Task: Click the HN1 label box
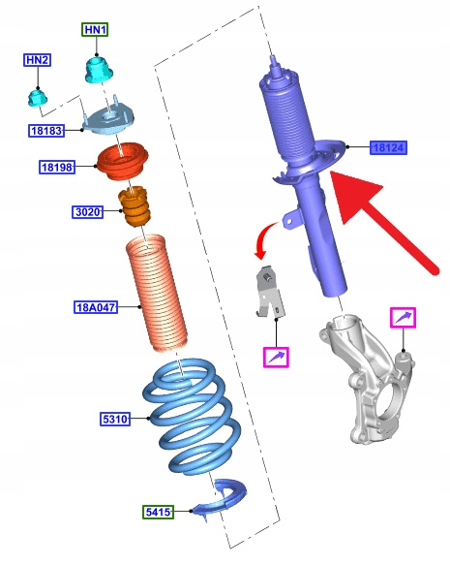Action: click(x=95, y=29)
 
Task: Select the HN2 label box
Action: click(x=37, y=60)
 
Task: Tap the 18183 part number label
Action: click(x=46, y=131)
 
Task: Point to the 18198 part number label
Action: click(x=57, y=167)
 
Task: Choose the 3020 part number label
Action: click(x=87, y=211)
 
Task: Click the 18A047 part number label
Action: click(x=96, y=307)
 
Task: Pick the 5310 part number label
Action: click(x=115, y=419)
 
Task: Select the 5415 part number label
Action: click(x=159, y=512)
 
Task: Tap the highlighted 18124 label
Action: click(x=388, y=147)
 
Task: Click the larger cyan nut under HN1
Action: click(x=99, y=70)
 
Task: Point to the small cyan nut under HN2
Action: click(x=38, y=98)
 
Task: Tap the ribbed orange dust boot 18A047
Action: click(x=157, y=293)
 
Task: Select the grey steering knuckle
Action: click(x=367, y=378)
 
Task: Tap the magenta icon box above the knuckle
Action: click(x=404, y=318)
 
